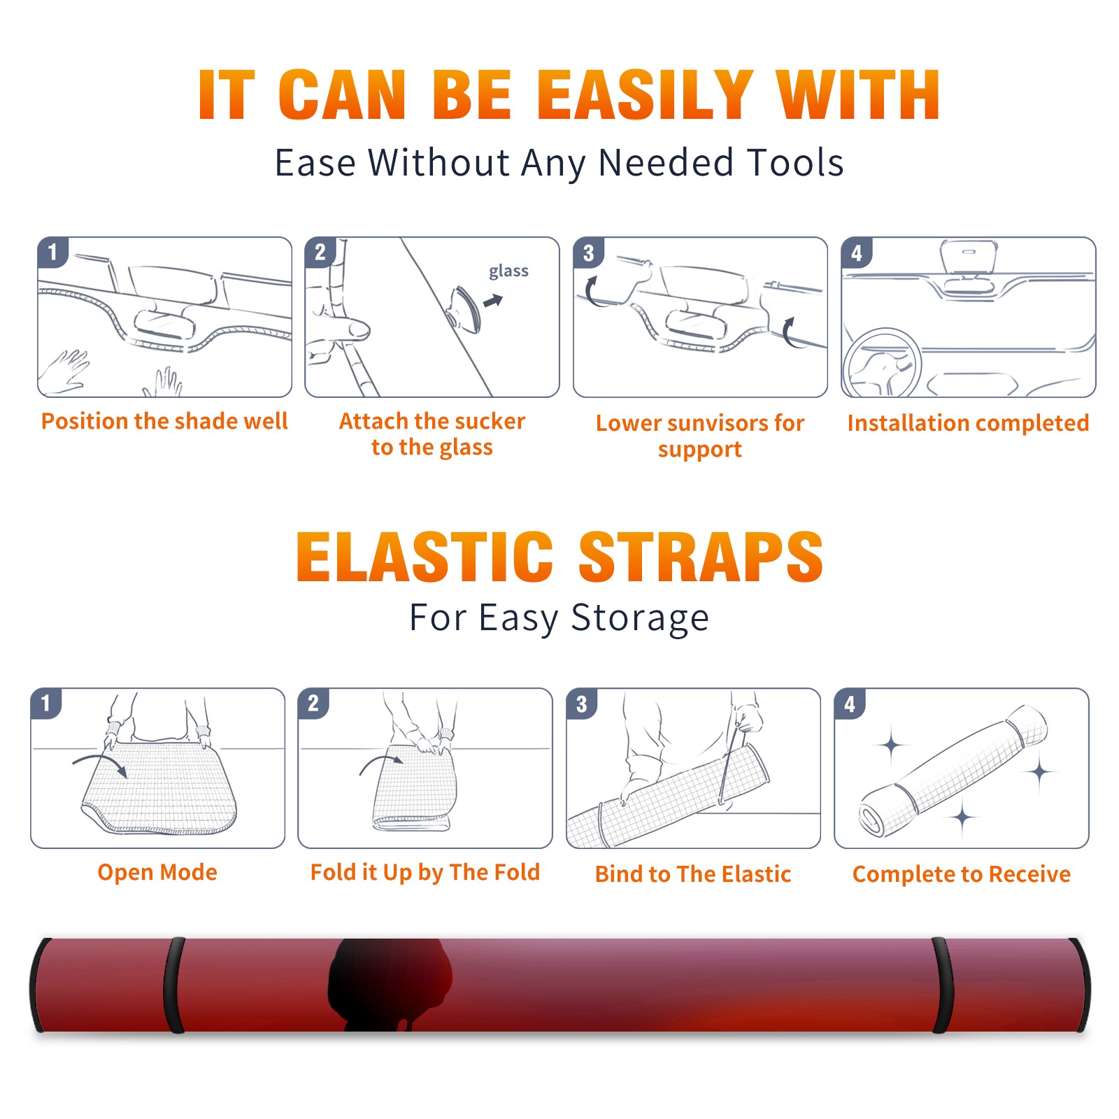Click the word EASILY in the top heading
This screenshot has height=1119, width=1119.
(x=644, y=95)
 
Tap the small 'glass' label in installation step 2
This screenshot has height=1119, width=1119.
(x=508, y=271)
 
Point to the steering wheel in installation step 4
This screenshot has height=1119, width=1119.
(x=883, y=363)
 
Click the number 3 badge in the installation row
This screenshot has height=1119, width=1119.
(x=589, y=252)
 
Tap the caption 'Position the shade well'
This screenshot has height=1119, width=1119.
(x=164, y=421)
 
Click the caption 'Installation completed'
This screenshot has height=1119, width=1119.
(x=968, y=423)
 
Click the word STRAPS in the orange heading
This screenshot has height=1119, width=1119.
(x=701, y=557)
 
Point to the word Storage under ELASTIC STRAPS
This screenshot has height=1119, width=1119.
(x=640, y=618)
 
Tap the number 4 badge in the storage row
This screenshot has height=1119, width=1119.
(x=850, y=704)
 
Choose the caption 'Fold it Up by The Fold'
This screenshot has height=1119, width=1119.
(x=425, y=873)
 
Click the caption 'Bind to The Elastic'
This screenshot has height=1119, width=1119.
(x=693, y=874)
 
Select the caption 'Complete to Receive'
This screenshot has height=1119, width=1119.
(x=962, y=874)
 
